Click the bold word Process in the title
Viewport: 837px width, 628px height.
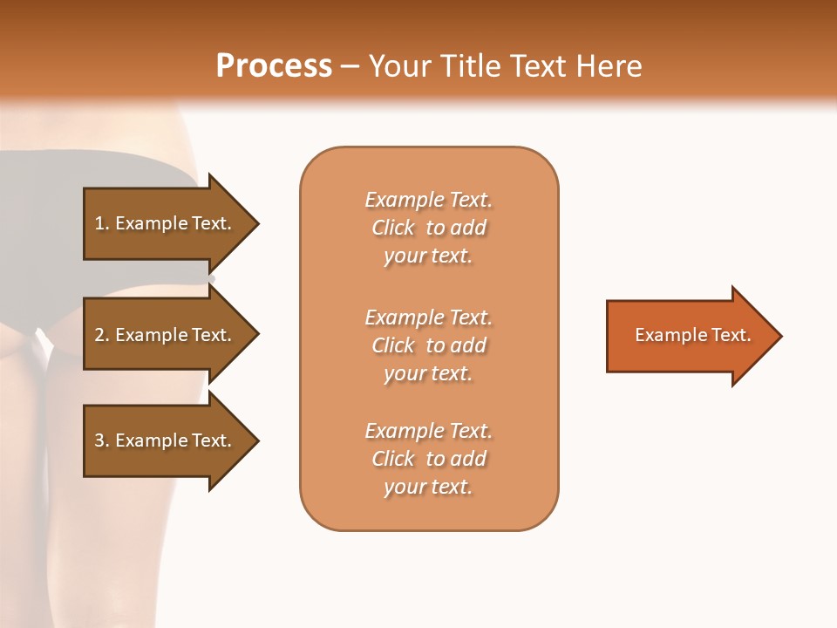point(274,65)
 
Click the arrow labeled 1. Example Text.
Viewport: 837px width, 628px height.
point(166,223)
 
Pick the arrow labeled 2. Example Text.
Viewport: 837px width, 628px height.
point(166,335)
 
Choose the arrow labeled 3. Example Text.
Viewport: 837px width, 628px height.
point(166,440)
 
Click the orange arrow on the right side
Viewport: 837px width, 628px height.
point(689,336)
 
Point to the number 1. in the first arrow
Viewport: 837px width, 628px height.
point(102,223)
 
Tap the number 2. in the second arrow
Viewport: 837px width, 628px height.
point(102,335)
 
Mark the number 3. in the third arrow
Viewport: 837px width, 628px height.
point(102,440)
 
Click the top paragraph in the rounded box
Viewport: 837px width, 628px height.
point(428,228)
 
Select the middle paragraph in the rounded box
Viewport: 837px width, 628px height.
point(428,345)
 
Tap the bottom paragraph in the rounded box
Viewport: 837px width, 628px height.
point(428,459)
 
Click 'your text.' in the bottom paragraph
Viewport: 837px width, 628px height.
point(428,488)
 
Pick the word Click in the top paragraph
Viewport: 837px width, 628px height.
point(393,228)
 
